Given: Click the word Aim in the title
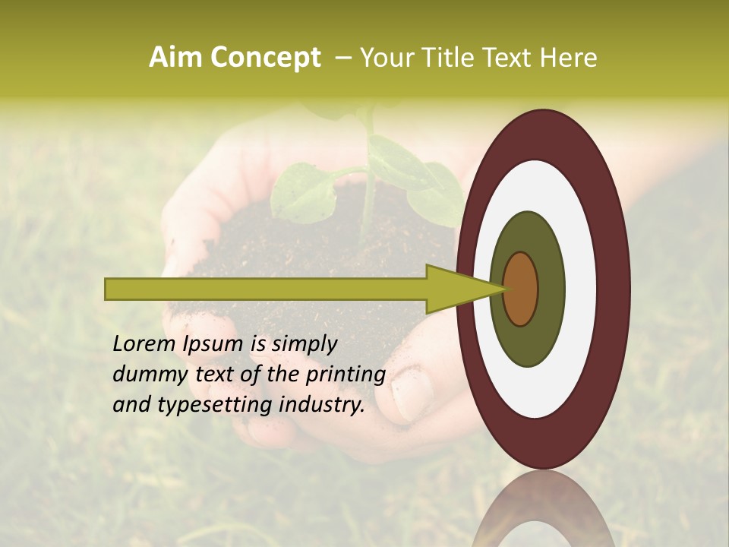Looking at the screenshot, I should (175, 58).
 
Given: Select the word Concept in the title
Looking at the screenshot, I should (265, 58).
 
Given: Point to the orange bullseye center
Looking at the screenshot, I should (520, 289).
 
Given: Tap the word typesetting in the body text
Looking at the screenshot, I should (215, 406).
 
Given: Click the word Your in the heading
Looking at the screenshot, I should (383, 58).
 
